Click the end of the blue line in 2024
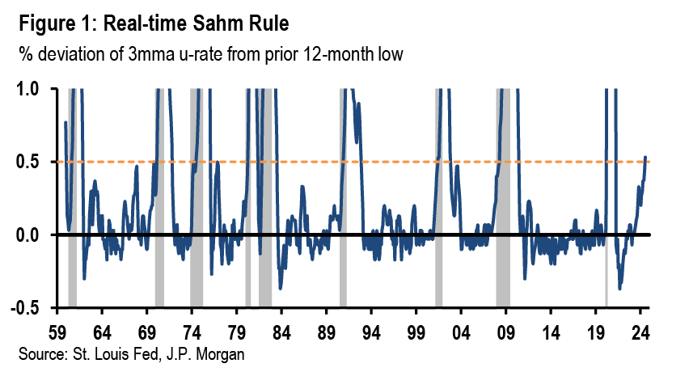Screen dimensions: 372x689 tap(645, 157)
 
